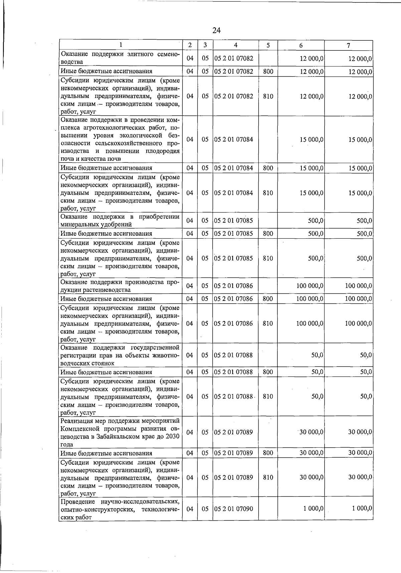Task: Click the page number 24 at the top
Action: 216,30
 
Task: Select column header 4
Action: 236,45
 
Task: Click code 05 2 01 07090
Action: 234,509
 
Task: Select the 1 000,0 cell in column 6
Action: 313,508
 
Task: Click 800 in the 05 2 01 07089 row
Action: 268,453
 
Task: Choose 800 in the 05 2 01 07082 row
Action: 268,71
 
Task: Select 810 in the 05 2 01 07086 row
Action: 268,323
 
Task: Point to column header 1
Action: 121,44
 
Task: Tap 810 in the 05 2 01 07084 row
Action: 268,193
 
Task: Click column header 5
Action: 268,45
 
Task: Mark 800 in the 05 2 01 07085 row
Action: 268,233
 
